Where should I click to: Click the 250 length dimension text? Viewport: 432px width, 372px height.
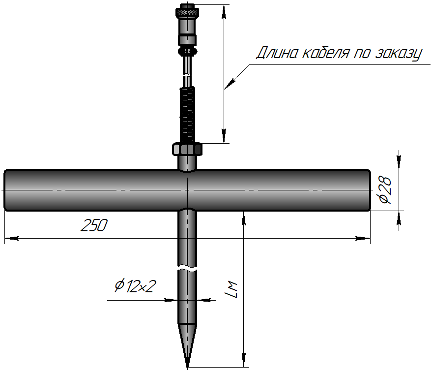tap(93, 226)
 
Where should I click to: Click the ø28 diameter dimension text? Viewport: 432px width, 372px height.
tap(385, 190)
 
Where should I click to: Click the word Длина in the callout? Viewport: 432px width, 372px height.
tap(279, 53)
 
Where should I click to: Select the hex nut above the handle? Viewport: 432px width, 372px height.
tap(187, 148)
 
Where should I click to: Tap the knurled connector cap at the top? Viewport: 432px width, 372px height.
tap(188, 10)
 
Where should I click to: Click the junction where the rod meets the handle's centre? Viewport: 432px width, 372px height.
tap(187, 190)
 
